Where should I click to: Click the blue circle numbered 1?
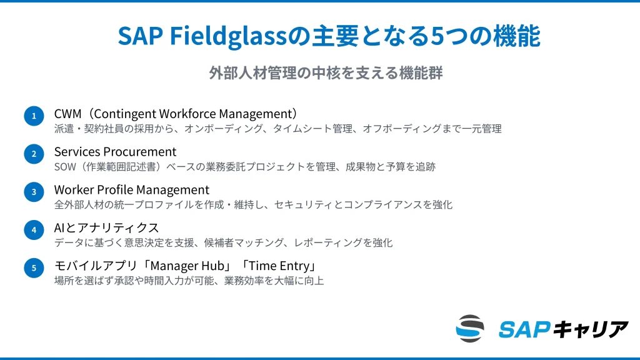(34, 116)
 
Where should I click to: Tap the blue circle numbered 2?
(34, 154)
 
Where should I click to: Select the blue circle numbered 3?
(34, 192)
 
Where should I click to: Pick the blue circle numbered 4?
(34, 230)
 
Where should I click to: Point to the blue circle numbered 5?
(34, 268)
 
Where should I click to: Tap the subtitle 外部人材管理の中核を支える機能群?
(326, 72)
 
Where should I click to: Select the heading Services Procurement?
(115, 152)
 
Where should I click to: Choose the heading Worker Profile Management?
(131, 189)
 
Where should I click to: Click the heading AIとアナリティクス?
(106, 227)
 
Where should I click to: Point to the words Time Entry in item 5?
(280, 266)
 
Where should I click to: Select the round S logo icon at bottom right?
(470, 329)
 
